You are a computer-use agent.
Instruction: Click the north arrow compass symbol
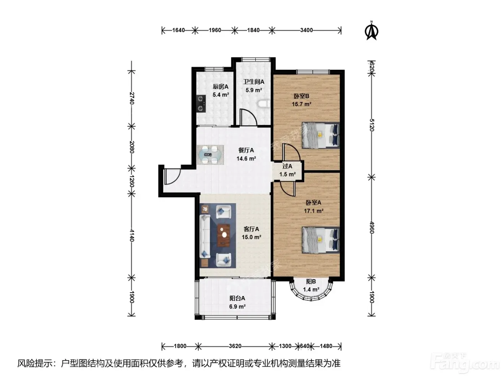click(x=372, y=31)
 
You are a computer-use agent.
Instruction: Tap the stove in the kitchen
click(x=41, y=104)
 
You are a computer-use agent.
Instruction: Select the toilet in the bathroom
click(x=264, y=104)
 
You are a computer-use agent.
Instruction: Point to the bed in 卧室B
click(x=320, y=135)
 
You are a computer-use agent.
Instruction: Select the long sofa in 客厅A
click(x=205, y=236)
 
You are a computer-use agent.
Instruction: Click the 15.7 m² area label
click(x=301, y=104)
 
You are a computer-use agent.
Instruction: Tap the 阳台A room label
click(x=237, y=298)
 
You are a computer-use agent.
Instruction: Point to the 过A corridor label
click(x=287, y=166)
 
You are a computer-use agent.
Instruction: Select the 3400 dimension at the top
click(x=307, y=30)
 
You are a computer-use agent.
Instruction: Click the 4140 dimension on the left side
click(x=131, y=236)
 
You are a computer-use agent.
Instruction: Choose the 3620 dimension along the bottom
click(x=235, y=346)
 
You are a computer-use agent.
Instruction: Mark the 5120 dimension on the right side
click(x=372, y=125)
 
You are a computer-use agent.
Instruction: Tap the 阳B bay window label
click(x=311, y=282)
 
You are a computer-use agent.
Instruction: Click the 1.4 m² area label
click(x=311, y=290)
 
